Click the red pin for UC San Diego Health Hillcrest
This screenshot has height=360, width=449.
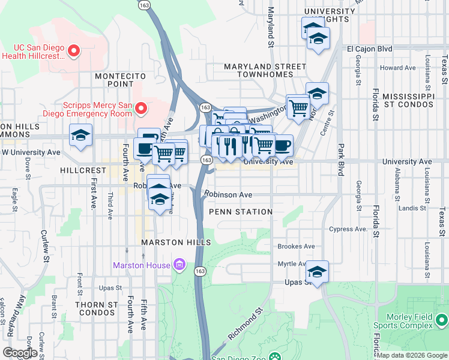coord(74,50)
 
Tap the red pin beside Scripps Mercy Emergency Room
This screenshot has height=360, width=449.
coord(141,108)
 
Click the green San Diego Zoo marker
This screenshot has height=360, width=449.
coord(275,356)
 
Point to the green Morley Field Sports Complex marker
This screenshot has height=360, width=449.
coord(441,319)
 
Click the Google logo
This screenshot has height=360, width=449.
coord(19,353)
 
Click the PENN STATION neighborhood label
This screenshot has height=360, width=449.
coord(241,212)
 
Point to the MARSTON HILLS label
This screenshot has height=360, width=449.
coord(176,242)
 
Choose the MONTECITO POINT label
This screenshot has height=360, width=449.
coord(121,80)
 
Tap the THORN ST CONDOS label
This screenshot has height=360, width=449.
coord(96,308)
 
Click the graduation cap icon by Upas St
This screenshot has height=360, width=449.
coord(318,271)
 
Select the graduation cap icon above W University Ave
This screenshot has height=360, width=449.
coord(80,136)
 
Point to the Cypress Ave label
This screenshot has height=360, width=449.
coord(348,229)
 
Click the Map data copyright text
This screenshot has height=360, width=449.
coord(412,355)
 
